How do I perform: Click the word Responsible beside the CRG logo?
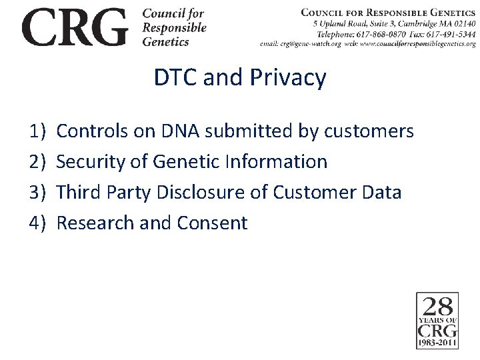[x=175, y=28]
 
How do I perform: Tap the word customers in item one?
[x=369, y=131]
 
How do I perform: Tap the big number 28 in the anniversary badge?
[x=437, y=307]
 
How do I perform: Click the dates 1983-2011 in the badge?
[x=437, y=343]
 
